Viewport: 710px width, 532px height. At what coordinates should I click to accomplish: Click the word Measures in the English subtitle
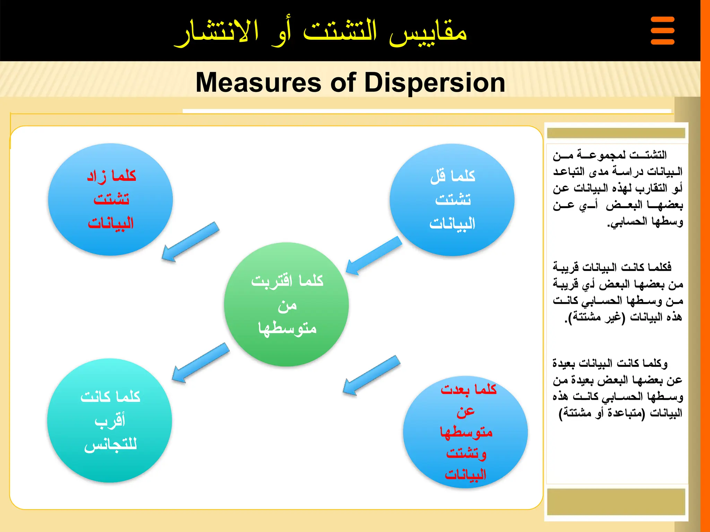258,82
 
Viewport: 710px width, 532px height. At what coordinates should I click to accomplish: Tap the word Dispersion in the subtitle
435,82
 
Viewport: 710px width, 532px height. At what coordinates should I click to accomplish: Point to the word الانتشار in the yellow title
217,33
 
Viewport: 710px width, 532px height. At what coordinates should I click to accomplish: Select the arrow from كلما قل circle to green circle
374,256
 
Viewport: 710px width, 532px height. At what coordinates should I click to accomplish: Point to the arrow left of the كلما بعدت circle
371,375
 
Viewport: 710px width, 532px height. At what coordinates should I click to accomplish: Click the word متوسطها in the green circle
287,328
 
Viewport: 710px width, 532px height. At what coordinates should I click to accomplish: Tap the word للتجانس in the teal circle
110,444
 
